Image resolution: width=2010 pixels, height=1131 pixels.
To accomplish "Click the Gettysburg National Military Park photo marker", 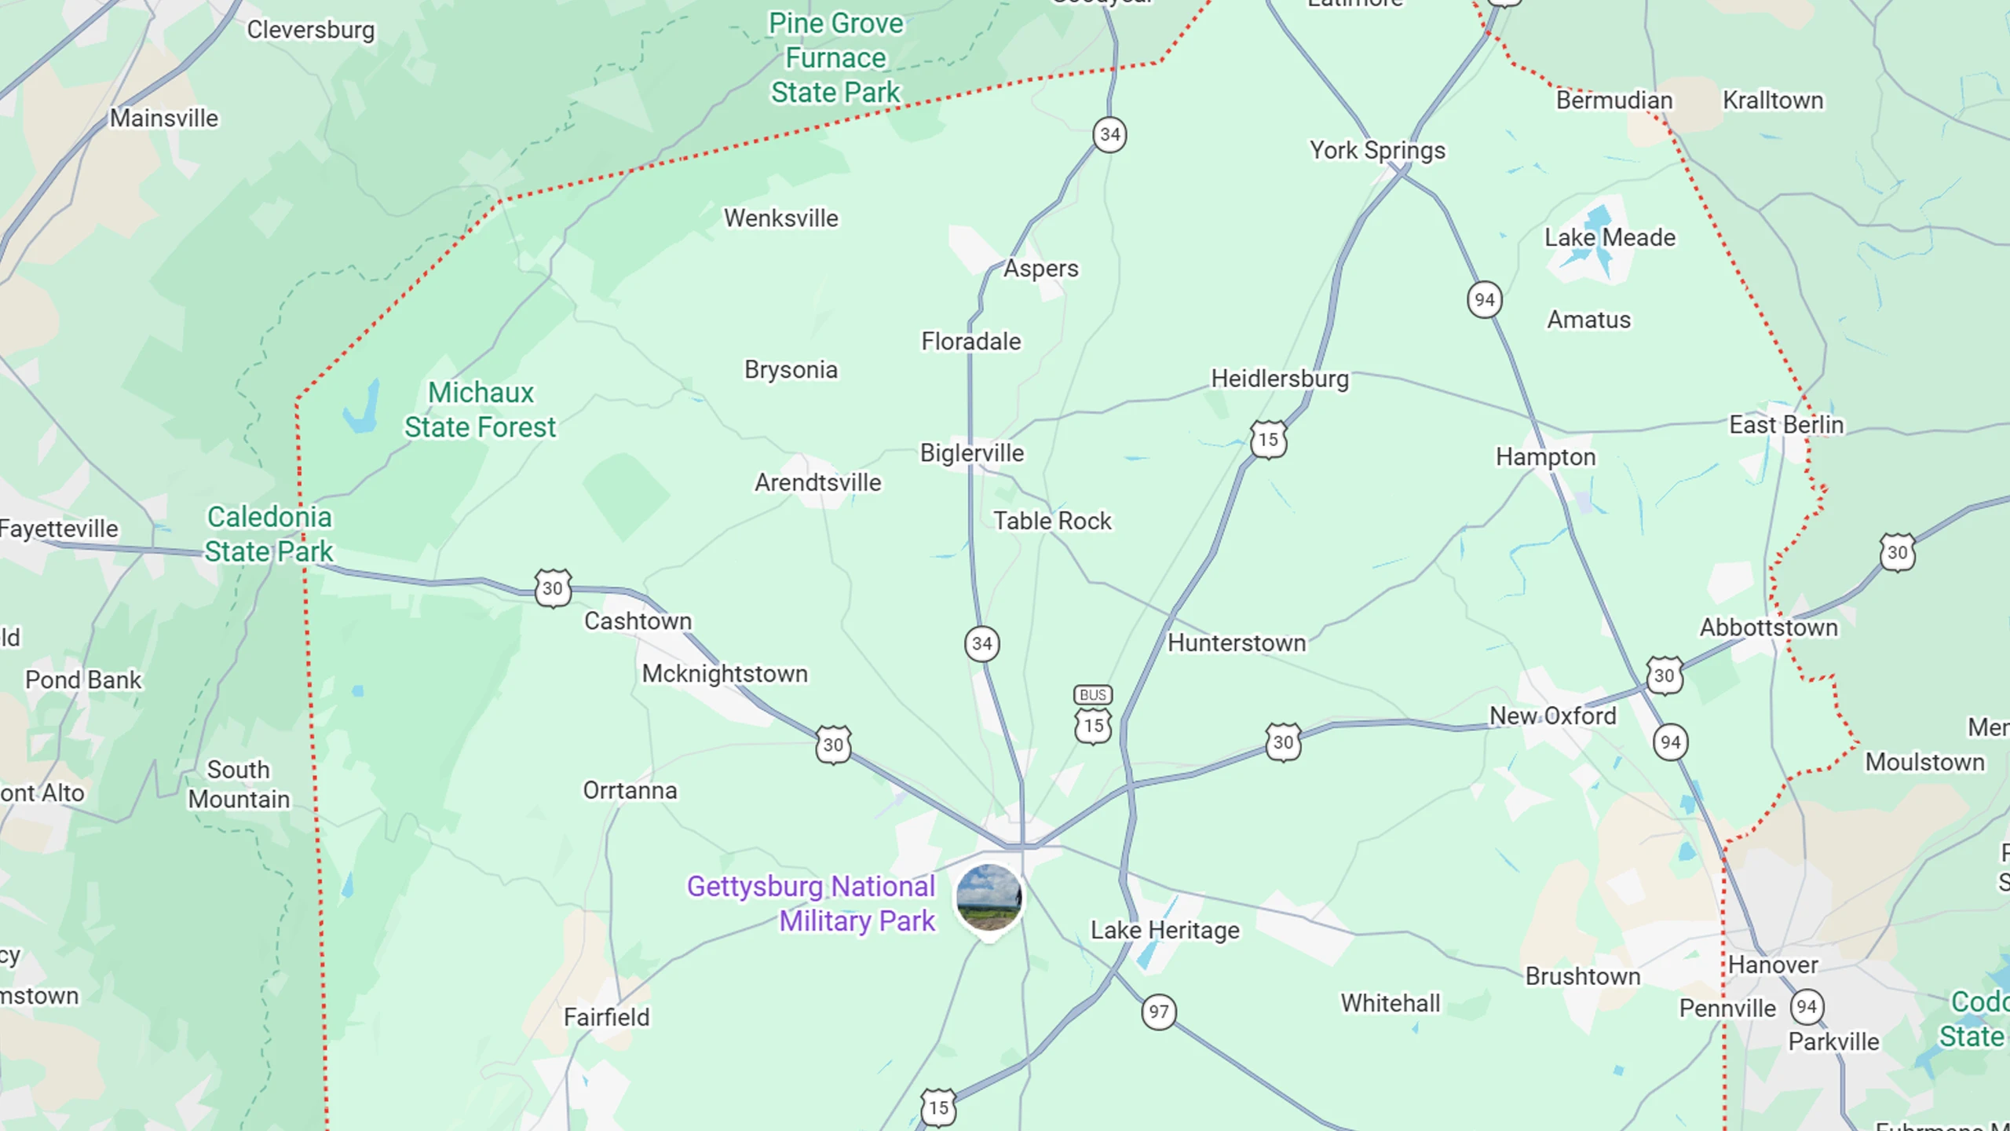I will click(x=989, y=898).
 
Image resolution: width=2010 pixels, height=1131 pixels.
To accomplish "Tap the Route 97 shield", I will click(x=1159, y=1012).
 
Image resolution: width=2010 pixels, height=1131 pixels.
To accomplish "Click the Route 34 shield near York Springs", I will click(x=1109, y=135).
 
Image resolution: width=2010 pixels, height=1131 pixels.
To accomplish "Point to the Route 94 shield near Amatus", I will click(x=1484, y=299).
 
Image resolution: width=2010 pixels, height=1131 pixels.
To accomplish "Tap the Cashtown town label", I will click(x=638, y=621).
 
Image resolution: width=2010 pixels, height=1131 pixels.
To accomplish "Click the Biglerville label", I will click(x=972, y=453).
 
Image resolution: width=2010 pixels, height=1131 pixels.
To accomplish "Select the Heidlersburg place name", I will click(x=1280, y=379).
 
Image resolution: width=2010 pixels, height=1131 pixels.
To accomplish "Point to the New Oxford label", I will click(x=1553, y=716).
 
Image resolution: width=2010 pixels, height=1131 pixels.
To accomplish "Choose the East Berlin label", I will click(x=1786, y=425).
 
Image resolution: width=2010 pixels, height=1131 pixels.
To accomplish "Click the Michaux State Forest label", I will click(x=481, y=410).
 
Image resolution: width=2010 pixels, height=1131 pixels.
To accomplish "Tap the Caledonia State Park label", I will click(x=269, y=534).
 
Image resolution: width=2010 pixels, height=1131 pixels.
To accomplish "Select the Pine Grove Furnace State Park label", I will click(x=835, y=58).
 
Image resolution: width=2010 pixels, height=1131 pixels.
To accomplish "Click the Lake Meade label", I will click(x=1610, y=237).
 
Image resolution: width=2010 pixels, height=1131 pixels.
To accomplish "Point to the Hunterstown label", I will click(x=1237, y=643).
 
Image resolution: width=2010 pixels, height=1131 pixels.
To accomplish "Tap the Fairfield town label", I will click(x=607, y=1018).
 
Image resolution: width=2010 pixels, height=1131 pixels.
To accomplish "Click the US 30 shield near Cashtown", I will click(x=553, y=588).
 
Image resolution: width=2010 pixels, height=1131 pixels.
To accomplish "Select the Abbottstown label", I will click(x=1769, y=628).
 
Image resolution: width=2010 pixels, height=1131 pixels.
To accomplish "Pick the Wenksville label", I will click(x=781, y=218).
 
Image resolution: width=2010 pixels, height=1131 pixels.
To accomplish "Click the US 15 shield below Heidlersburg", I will click(x=1269, y=440).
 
